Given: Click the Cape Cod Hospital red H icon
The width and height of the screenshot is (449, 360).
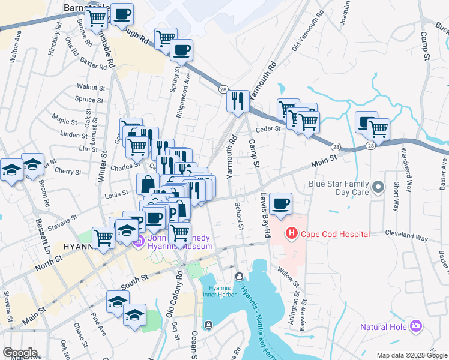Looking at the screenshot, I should coord(292,233).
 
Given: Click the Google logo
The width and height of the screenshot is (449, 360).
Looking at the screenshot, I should coord(20,353).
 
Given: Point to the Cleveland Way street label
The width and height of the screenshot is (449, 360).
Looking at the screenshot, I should coord(409,233).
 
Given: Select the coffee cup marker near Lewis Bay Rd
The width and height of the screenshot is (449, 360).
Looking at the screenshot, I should coord(280,204).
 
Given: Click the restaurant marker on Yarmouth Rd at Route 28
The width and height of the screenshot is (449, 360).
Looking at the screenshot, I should coord(238,102).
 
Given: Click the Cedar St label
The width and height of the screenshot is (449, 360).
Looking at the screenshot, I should coord(269,128).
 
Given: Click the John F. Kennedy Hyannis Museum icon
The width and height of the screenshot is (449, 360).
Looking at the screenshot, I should coord(139,242).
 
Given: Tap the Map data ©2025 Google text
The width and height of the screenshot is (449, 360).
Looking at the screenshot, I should coord(411,355).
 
